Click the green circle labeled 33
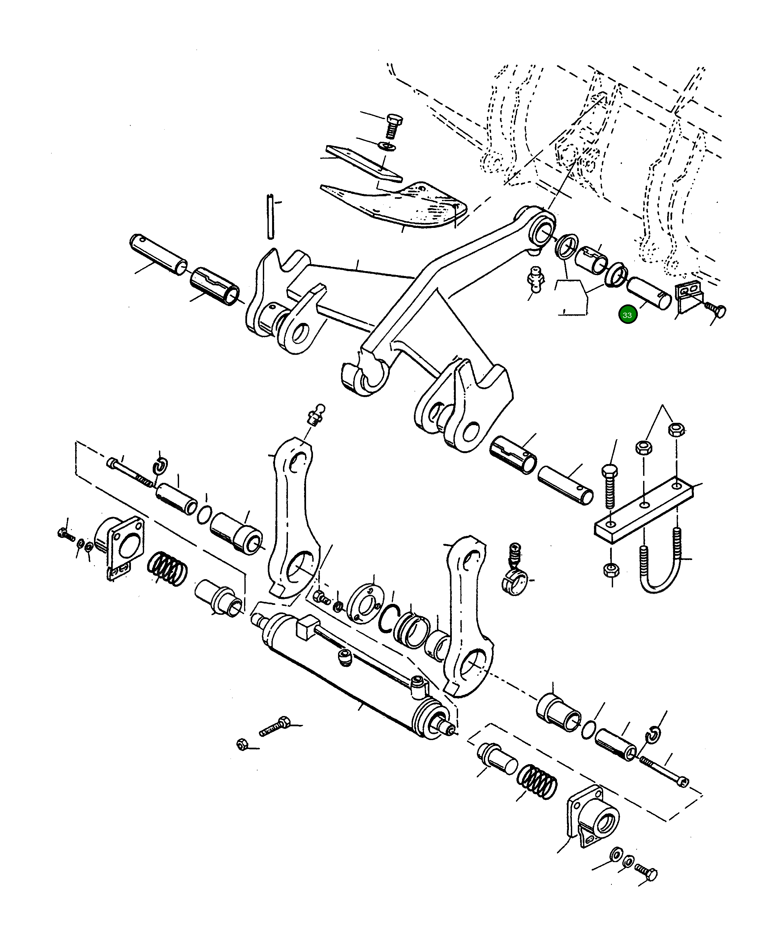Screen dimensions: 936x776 tap(627, 315)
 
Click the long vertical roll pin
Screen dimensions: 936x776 tap(270, 217)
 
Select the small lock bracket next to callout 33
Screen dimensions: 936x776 tap(689, 296)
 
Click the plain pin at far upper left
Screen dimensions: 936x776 tap(158, 255)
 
